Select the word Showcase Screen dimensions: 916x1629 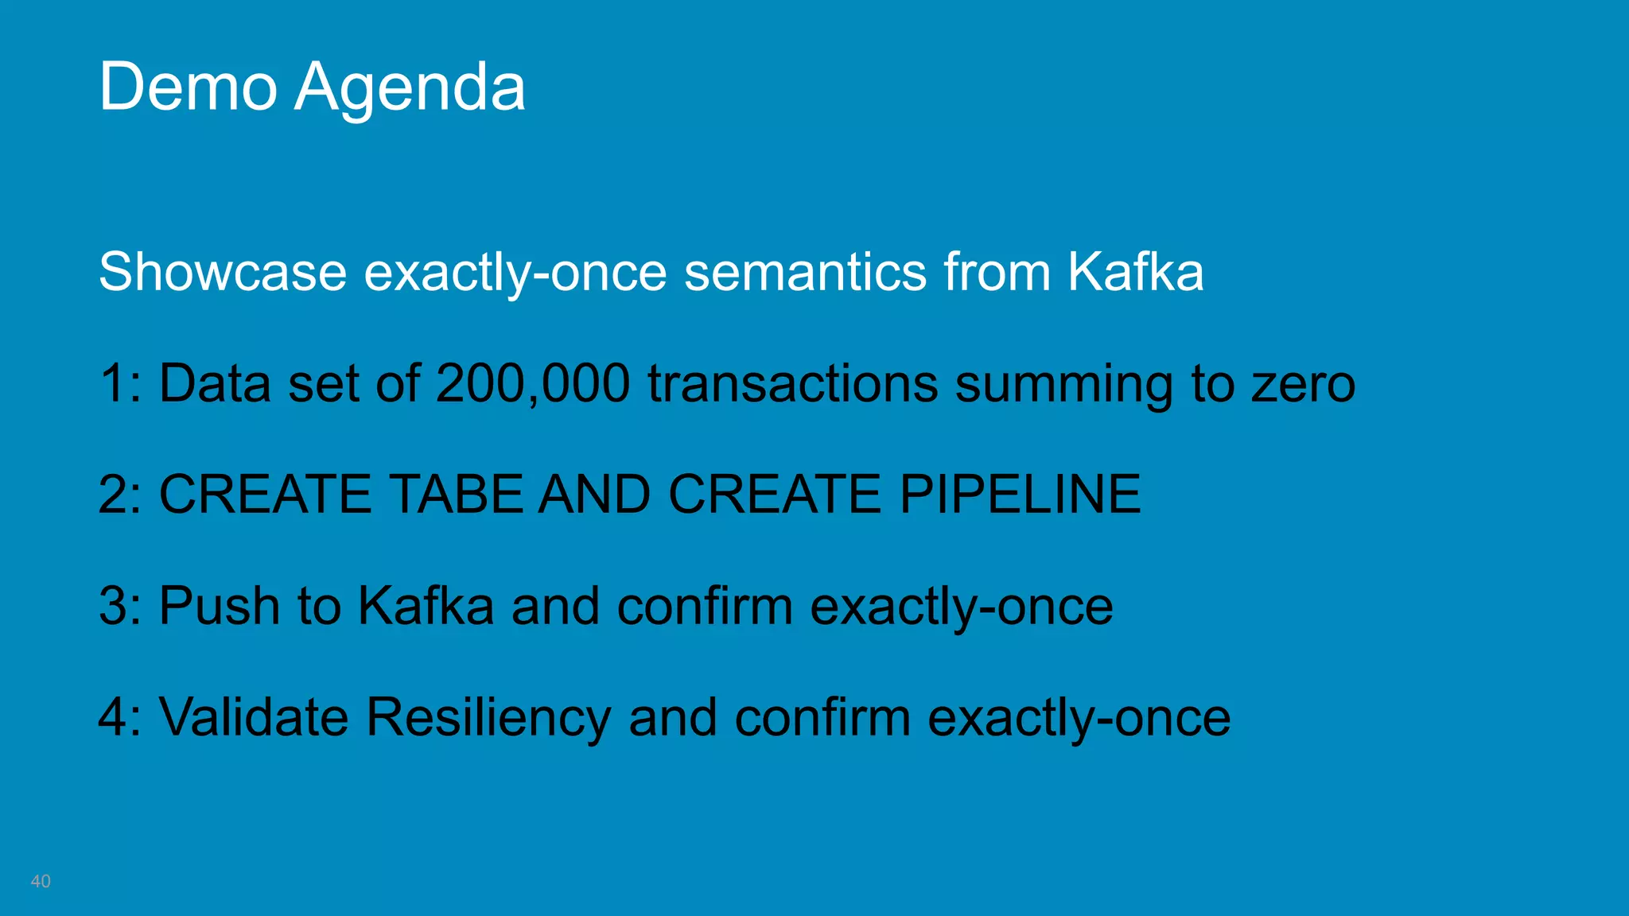coord(223,272)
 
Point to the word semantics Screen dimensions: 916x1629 coord(805,272)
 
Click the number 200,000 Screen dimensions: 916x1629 coord(533,384)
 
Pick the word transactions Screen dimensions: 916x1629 coord(792,384)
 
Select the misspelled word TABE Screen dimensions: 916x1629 coord(457,495)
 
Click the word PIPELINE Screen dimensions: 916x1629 coord(1020,495)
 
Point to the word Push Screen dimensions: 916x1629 coord(220,606)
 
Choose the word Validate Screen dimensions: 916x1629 coord(254,717)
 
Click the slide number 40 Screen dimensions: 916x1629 coord(41,881)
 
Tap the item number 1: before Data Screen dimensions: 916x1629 coord(120,384)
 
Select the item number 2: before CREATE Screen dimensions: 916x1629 coord(120,495)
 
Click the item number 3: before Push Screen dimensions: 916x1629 coord(120,606)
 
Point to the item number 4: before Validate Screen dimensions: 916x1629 coord(120,717)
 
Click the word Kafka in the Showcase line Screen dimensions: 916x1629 coord(1135,272)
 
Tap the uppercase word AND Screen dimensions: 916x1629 coord(594,495)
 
